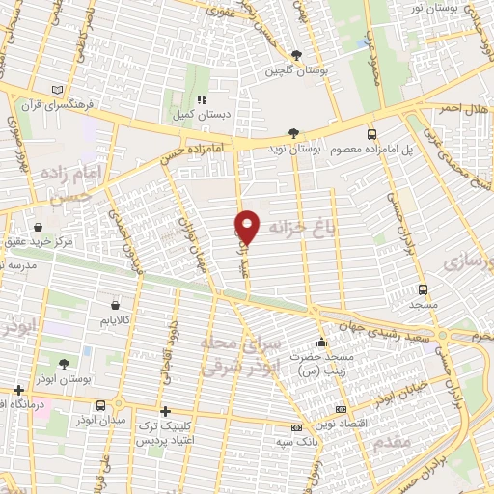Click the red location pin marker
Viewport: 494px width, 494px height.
coord(248,226)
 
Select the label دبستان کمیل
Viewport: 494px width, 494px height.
coord(202,113)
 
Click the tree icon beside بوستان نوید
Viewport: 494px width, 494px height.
coord(293,134)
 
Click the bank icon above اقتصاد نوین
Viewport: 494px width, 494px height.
coord(295,426)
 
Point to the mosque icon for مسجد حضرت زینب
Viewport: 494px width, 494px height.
coord(321,343)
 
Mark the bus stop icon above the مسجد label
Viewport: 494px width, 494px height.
coord(423,288)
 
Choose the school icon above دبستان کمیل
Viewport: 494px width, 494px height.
coord(201,99)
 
